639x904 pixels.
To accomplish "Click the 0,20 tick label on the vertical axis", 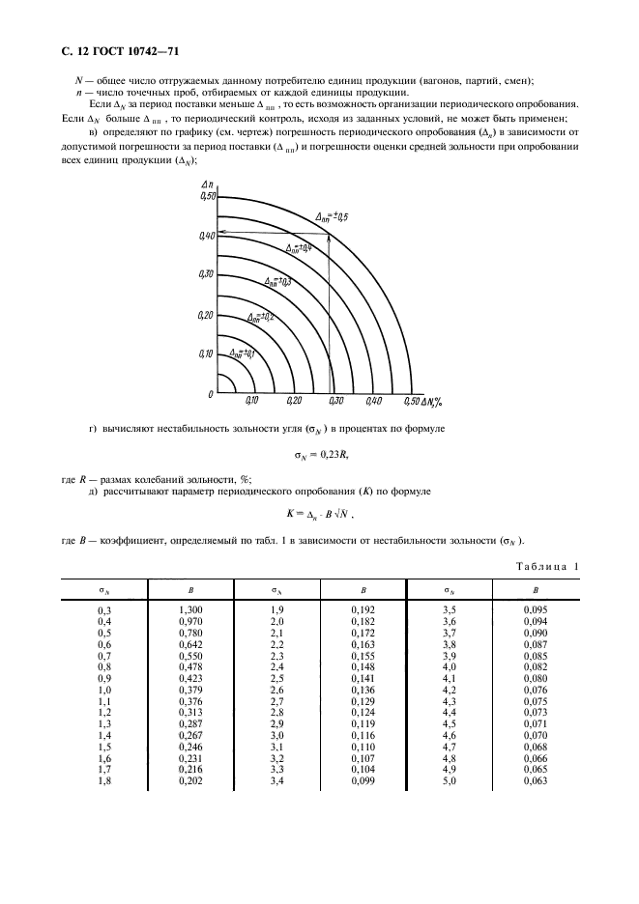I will point(205,315).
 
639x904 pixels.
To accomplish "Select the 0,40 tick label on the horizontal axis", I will point(374,401).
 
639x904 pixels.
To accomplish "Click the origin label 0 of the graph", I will point(209,394).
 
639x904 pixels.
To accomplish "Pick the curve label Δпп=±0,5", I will point(339,216).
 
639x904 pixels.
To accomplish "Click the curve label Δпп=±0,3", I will point(278,282).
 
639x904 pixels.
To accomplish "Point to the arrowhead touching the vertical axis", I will point(221,233).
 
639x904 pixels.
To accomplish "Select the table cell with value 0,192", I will point(362,609).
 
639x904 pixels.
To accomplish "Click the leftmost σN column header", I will point(103,588).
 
